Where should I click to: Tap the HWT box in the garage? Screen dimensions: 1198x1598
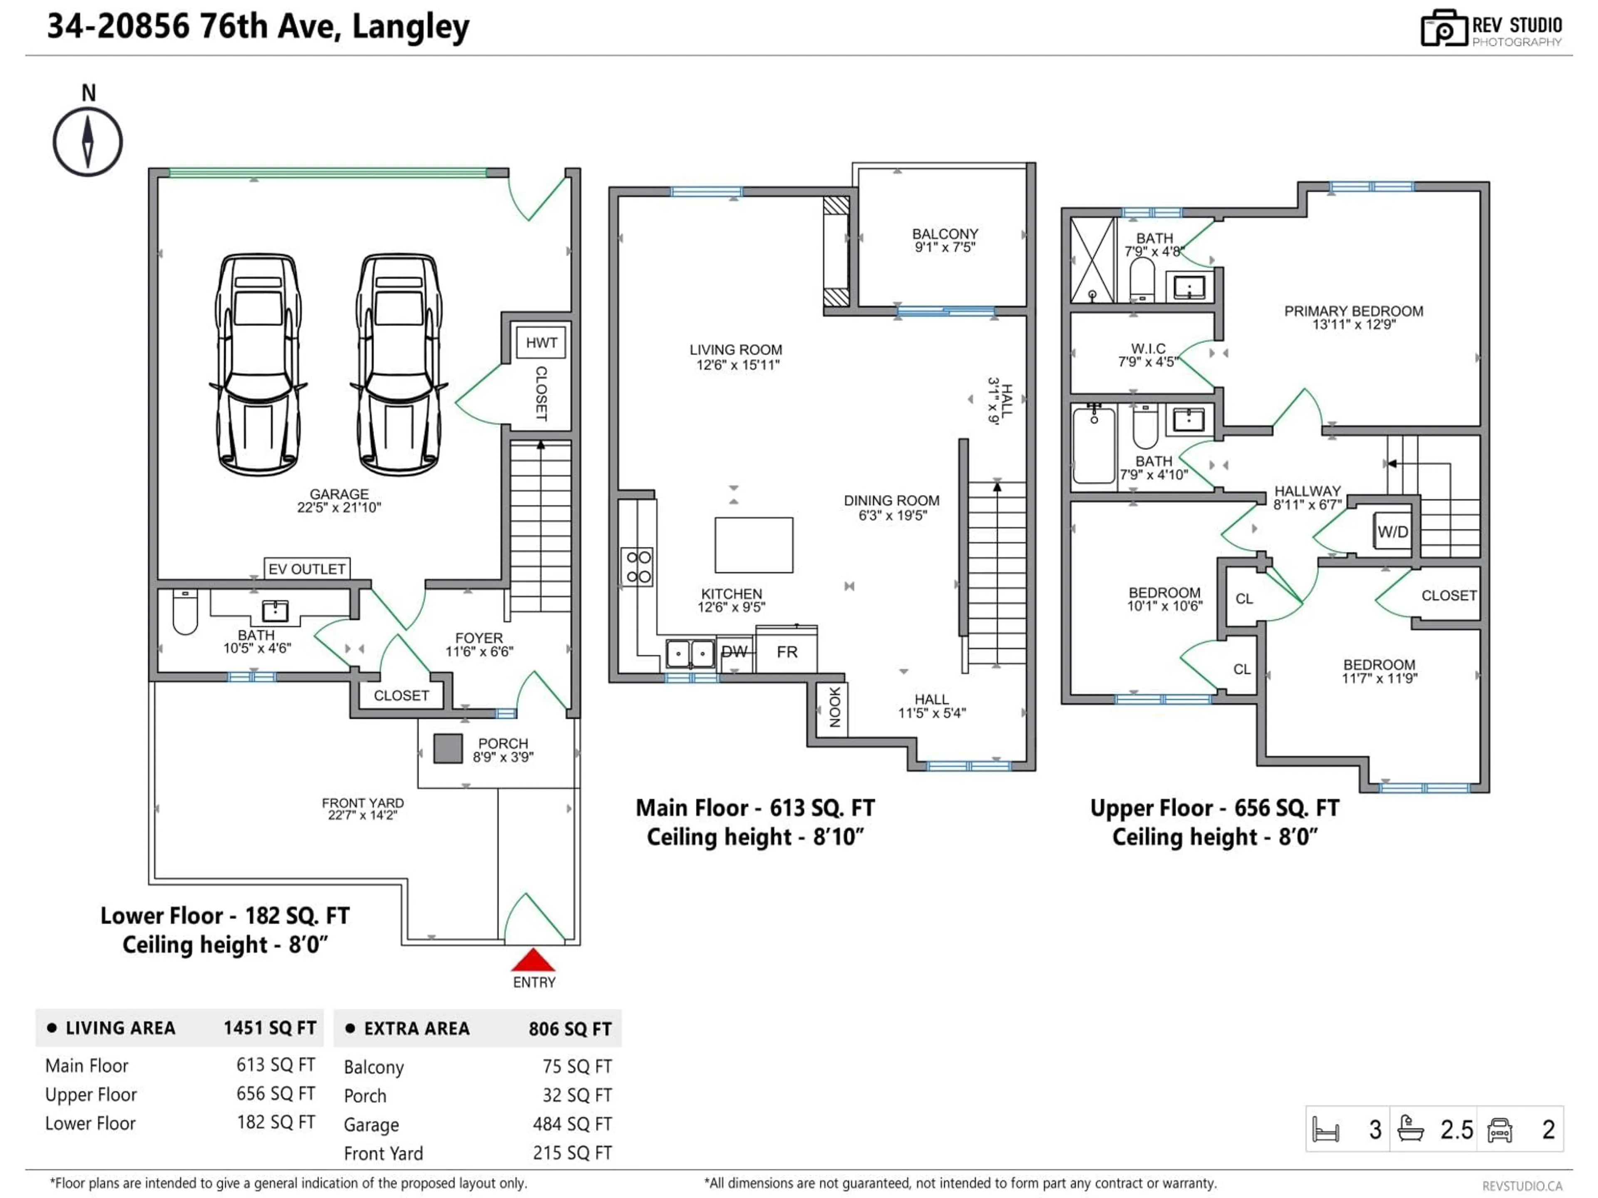[541, 342]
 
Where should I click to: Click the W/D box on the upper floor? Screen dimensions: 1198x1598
[1392, 532]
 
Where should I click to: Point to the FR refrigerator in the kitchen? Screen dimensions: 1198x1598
[787, 652]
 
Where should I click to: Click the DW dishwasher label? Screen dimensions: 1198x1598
[734, 652]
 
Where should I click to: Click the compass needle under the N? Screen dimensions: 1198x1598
[87, 141]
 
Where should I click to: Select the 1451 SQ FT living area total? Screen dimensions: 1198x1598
[270, 1027]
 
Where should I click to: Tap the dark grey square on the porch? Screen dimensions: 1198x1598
[447, 748]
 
